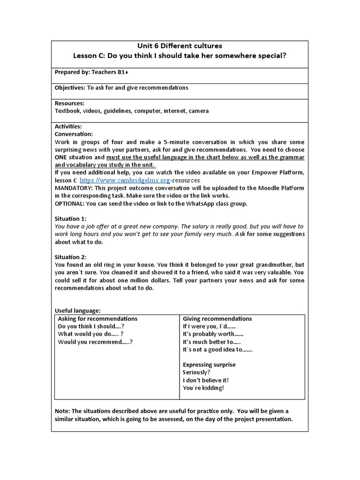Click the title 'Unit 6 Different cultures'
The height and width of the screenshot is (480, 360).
tap(180, 46)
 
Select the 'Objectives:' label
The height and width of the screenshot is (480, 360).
tap(70, 88)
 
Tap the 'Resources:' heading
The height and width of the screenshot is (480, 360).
tap(69, 103)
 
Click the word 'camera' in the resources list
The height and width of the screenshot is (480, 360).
tap(199, 111)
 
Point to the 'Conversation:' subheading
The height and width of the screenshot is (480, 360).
tap(74, 134)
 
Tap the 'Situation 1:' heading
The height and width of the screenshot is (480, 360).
tap(71, 218)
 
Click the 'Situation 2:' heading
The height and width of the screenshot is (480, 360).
tap(71, 257)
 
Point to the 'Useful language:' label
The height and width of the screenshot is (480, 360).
tap(77, 310)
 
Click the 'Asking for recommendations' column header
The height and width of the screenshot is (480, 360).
tap(97, 319)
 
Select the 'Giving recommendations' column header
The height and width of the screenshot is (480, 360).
tap(217, 319)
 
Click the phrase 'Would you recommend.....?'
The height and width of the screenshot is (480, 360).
tap(95, 342)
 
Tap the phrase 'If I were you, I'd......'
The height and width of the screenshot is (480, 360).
tap(209, 326)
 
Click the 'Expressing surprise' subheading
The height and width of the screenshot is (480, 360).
tap(209, 365)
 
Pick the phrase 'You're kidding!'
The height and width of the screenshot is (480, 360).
tap(203, 388)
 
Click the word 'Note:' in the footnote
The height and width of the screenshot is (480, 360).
tap(63, 411)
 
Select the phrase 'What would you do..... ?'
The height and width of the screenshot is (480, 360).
tap(90, 334)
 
